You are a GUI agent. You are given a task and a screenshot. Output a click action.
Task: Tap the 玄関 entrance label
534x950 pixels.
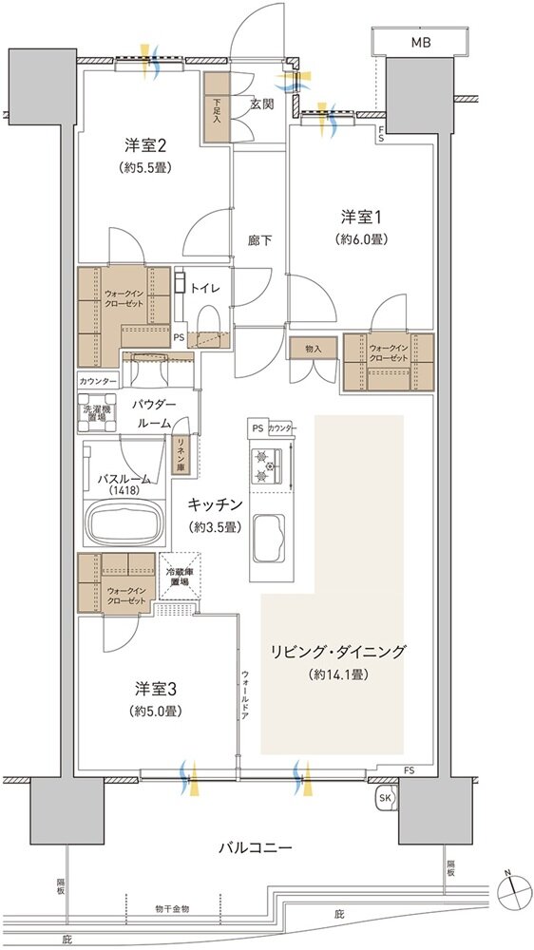(x=262, y=104)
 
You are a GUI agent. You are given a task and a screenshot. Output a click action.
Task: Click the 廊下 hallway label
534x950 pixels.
(x=260, y=240)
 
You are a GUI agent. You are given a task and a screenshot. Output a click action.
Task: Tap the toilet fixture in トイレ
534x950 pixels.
(x=209, y=318)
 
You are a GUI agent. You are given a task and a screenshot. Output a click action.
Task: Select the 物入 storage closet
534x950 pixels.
(x=314, y=349)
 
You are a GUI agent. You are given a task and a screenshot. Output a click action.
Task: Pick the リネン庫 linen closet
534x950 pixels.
(x=181, y=454)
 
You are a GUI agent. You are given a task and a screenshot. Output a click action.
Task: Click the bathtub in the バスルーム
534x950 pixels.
(x=123, y=520)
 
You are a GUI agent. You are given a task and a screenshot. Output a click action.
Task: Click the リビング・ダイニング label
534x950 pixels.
(x=351, y=652)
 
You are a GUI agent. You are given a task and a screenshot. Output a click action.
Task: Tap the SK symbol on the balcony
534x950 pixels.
(x=385, y=797)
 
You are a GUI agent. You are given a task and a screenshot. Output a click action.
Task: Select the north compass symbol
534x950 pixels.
(x=514, y=887)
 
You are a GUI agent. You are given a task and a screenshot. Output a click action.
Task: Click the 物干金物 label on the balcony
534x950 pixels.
(x=172, y=909)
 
